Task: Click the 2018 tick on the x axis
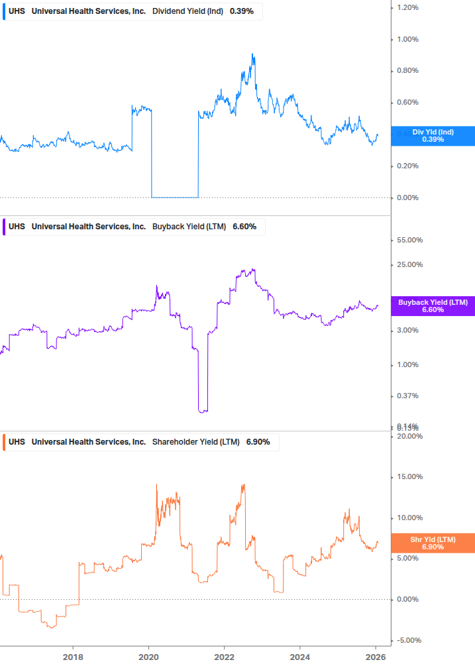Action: pyautogui.click(x=73, y=657)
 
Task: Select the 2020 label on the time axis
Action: pyautogui.click(x=148, y=657)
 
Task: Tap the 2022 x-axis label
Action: pyautogui.click(x=225, y=657)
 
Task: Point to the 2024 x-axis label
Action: pyautogui.click(x=300, y=657)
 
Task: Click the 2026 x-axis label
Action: pyautogui.click(x=376, y=657)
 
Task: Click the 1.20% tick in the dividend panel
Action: pyautogui.click(x=407, y=7)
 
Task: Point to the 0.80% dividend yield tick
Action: pyautogui.click(x=407, y=71)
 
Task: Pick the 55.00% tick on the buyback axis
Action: pyautogui.click(x=409, y=241)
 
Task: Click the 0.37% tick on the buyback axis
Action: pyautogui.click(x=407, y=396)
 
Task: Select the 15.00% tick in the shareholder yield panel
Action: pyautogui.click(x=409, y=477)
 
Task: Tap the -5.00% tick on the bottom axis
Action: pyautogui.click(x=409, y=641)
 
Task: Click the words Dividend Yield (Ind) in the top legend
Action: pyautogui.click(x=188, y=11)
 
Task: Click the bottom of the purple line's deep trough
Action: pyautogui.click(x=203, y=412)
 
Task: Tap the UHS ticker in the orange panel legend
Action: pyautogui.click(x=17, y=442)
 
